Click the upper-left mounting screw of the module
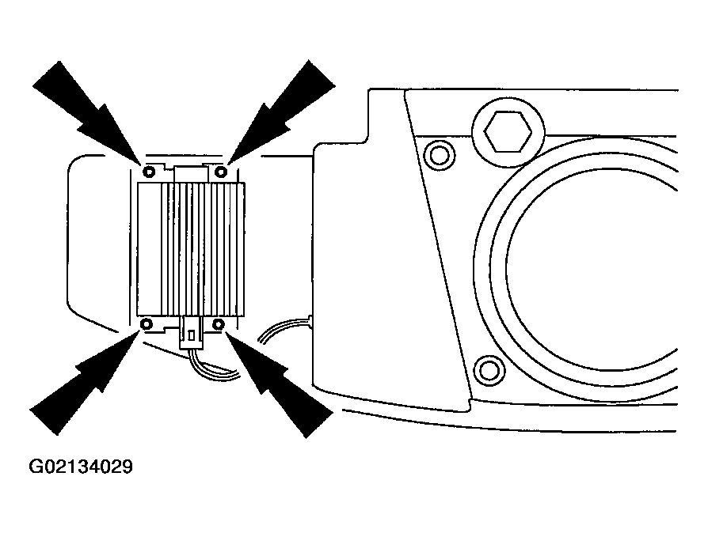click(149, 172)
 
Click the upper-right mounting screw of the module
click(220, 172)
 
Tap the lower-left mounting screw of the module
click(147, 323)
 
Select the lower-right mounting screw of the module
click(219, 323)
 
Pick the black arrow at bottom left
click(85, 383)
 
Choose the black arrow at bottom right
click(279, 384)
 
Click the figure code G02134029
click(81, 467)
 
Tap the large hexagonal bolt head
click(508, 131)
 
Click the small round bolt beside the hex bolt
click(440, 155)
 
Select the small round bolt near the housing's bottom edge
click(489, 371)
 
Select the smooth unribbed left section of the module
click(150, 249)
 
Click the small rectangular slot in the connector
click(192, 335)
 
